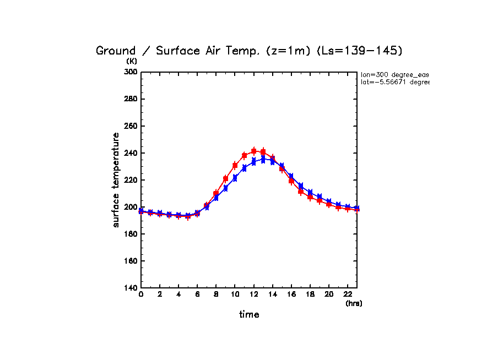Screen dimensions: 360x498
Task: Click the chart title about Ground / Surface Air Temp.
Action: coord(249,51)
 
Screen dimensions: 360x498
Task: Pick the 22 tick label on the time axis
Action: coord(348,294)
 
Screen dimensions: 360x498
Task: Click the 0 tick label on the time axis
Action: coord(141,294)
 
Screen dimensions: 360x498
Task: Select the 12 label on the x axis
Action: coord(253,294)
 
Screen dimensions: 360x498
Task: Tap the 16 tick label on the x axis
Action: coord(291,294)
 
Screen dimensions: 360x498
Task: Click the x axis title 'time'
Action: coord(249,315)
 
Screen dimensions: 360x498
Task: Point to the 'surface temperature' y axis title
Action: coord(116,179)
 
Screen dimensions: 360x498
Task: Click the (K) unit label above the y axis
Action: coord(132,61)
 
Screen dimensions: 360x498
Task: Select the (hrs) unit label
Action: coord(354,303)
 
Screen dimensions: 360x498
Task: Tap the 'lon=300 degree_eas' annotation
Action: coord(394,74)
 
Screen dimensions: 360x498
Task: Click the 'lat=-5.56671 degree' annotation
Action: coord(394,82)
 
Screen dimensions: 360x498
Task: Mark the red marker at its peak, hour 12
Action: coord(254,151)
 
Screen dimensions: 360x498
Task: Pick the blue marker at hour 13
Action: coord(263,160)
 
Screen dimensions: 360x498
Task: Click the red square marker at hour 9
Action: coord(225,179)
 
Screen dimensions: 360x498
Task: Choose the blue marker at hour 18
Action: coord(310,193)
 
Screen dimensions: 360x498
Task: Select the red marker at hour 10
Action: coord(235,166)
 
